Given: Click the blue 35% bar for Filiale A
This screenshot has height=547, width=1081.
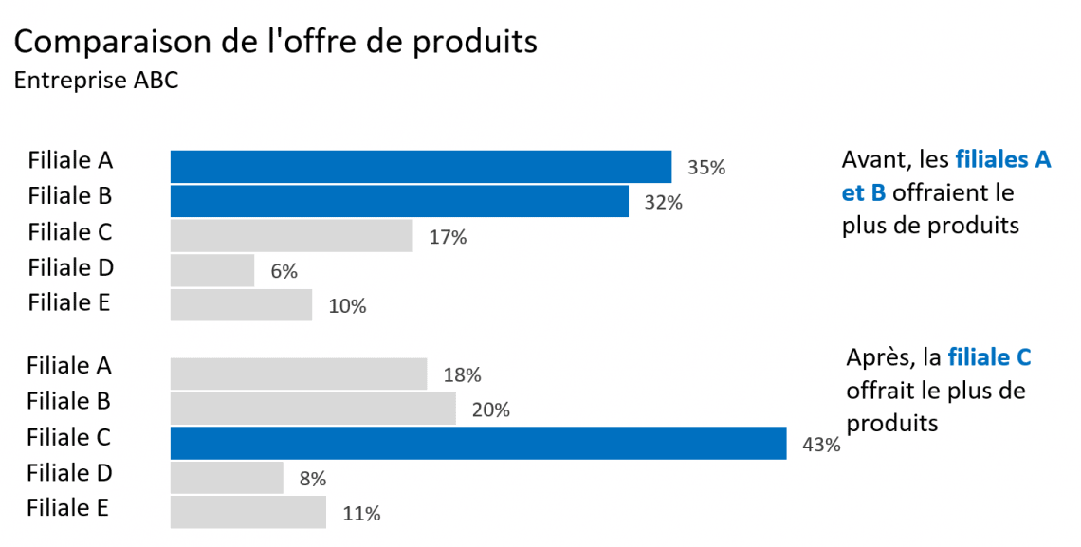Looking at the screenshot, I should pos(420,166).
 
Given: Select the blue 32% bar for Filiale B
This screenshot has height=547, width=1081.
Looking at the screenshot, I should pos(399,201).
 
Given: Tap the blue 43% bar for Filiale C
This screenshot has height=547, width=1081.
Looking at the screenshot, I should pos(478,443).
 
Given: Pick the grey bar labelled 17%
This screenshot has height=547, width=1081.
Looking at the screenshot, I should pos(291,236).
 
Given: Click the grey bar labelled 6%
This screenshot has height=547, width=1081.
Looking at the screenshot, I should pos(212,270).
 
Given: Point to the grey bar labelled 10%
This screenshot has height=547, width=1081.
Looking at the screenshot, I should pos(241,305).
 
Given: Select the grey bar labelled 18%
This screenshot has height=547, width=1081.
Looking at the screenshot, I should pos(298,374).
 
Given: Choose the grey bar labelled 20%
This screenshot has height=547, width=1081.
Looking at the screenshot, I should pos(313,409).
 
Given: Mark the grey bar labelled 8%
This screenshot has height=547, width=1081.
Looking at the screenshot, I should pos(227,478).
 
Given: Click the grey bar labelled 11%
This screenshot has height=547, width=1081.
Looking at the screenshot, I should pos(247,512).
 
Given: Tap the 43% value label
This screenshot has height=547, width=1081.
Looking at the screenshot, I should pos(820,445).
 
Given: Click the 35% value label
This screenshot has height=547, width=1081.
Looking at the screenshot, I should pos(705,168).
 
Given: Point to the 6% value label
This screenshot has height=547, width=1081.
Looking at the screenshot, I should pos(284,272).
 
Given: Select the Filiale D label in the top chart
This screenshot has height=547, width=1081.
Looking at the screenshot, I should pos(70,267).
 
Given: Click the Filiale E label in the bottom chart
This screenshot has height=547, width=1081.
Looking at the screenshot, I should pos(67,507).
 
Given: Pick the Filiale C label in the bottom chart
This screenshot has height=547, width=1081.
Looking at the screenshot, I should pos(68,437).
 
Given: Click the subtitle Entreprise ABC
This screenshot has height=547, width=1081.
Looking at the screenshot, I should pos(96,81).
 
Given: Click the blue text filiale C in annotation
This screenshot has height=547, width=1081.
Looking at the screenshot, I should pos(989,357).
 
